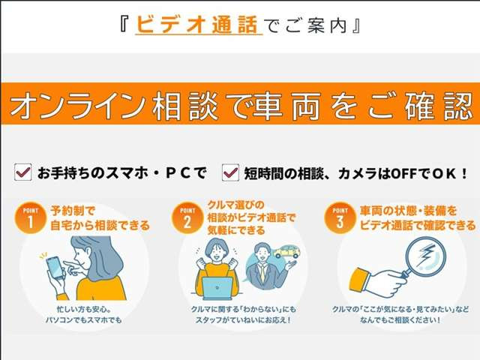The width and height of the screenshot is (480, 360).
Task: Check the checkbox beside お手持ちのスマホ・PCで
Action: point(22,173)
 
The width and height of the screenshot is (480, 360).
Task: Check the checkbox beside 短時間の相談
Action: point(230,173)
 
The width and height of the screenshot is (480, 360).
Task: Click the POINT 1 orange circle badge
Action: point(29,218)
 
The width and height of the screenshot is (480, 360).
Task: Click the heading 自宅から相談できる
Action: point(100,224)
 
